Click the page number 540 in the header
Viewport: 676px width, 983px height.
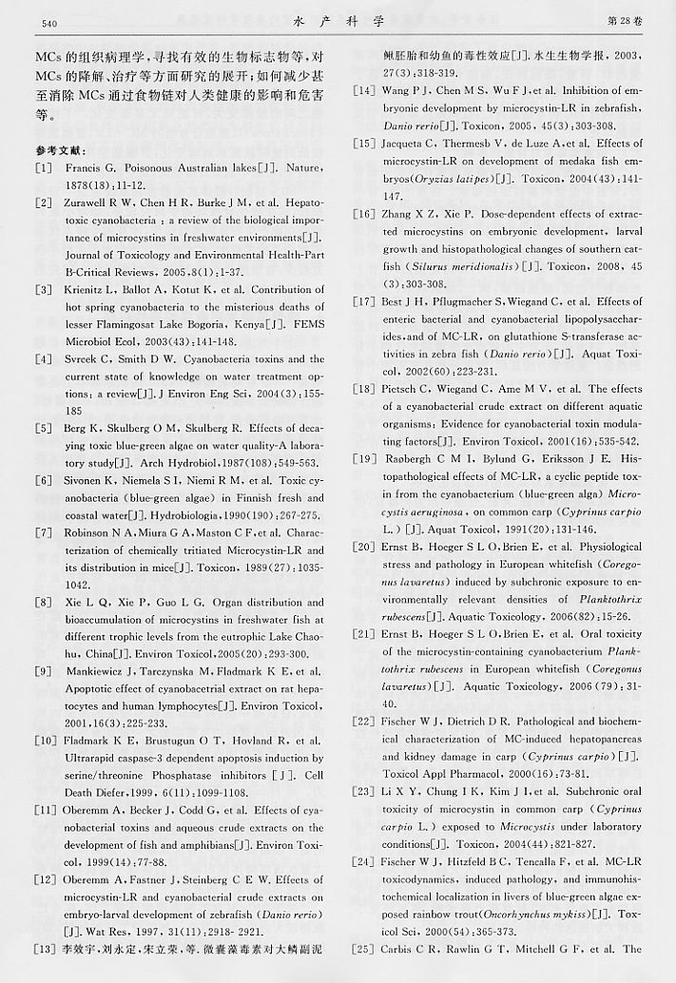point(44,22)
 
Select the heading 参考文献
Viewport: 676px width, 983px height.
point(58,151)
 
